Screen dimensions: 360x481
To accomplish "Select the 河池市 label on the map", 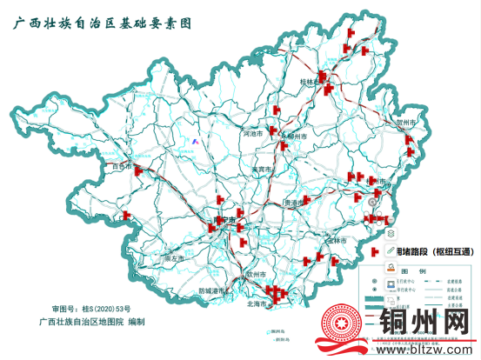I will pos(251,135).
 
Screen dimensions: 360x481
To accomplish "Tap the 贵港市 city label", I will pos(295,203).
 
